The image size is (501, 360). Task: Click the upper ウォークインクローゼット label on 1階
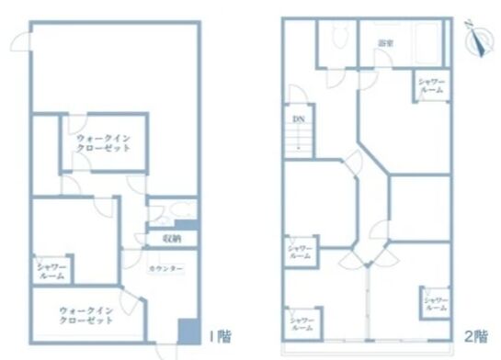tap(103, 143)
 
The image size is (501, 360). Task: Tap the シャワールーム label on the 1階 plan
tap(50, 270)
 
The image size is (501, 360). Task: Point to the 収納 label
tap(172, 239)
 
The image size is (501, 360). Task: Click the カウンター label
tap(166, 267)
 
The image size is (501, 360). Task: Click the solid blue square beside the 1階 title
tap(188, 332)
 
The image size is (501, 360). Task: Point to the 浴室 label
tap(386, 43)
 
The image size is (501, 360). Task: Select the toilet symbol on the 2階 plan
tap(338, 38)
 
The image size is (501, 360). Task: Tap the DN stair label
tap(298, 119)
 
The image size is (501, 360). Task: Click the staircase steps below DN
tap(299, 141)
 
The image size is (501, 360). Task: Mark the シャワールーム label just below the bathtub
tap(431, 89)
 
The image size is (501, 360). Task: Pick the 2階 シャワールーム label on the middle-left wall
tap(300, 252)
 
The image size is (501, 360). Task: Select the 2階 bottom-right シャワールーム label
tap(436, 304)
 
